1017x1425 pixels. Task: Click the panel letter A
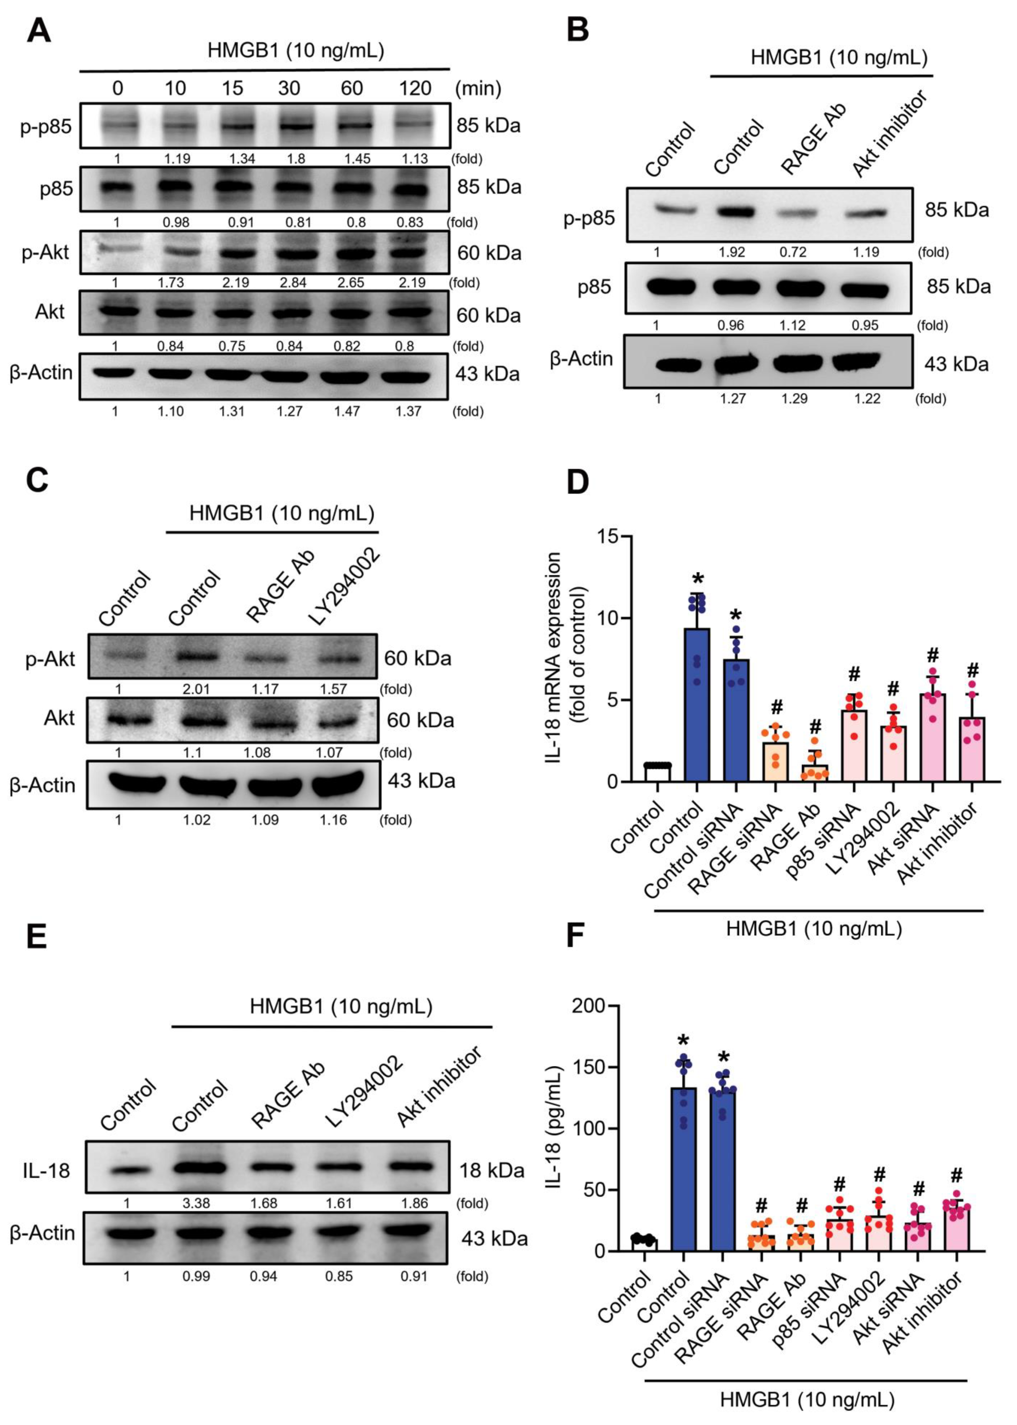click(x=39, y=30)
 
